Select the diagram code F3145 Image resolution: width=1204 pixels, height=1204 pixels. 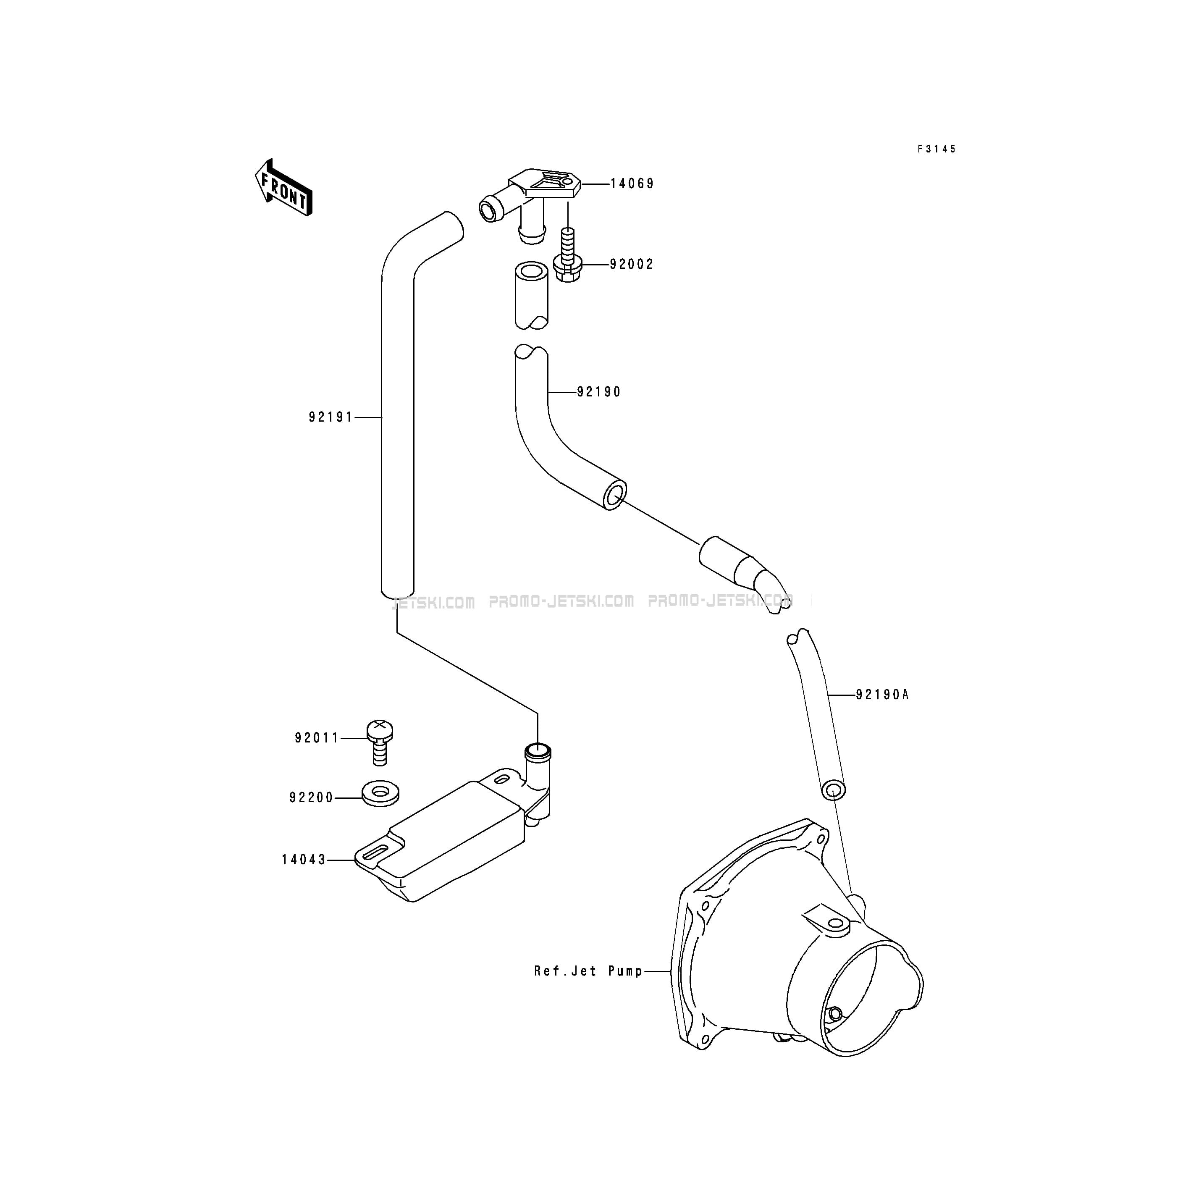point(936,149)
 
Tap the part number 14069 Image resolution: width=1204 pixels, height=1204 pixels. point(632,184)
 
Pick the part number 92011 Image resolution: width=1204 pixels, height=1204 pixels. point(317,738)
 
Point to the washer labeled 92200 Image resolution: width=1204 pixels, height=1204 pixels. point(380,793)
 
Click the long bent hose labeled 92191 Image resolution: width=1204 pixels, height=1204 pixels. point(397,405)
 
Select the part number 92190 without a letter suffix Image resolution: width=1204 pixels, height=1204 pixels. point(599,392)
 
